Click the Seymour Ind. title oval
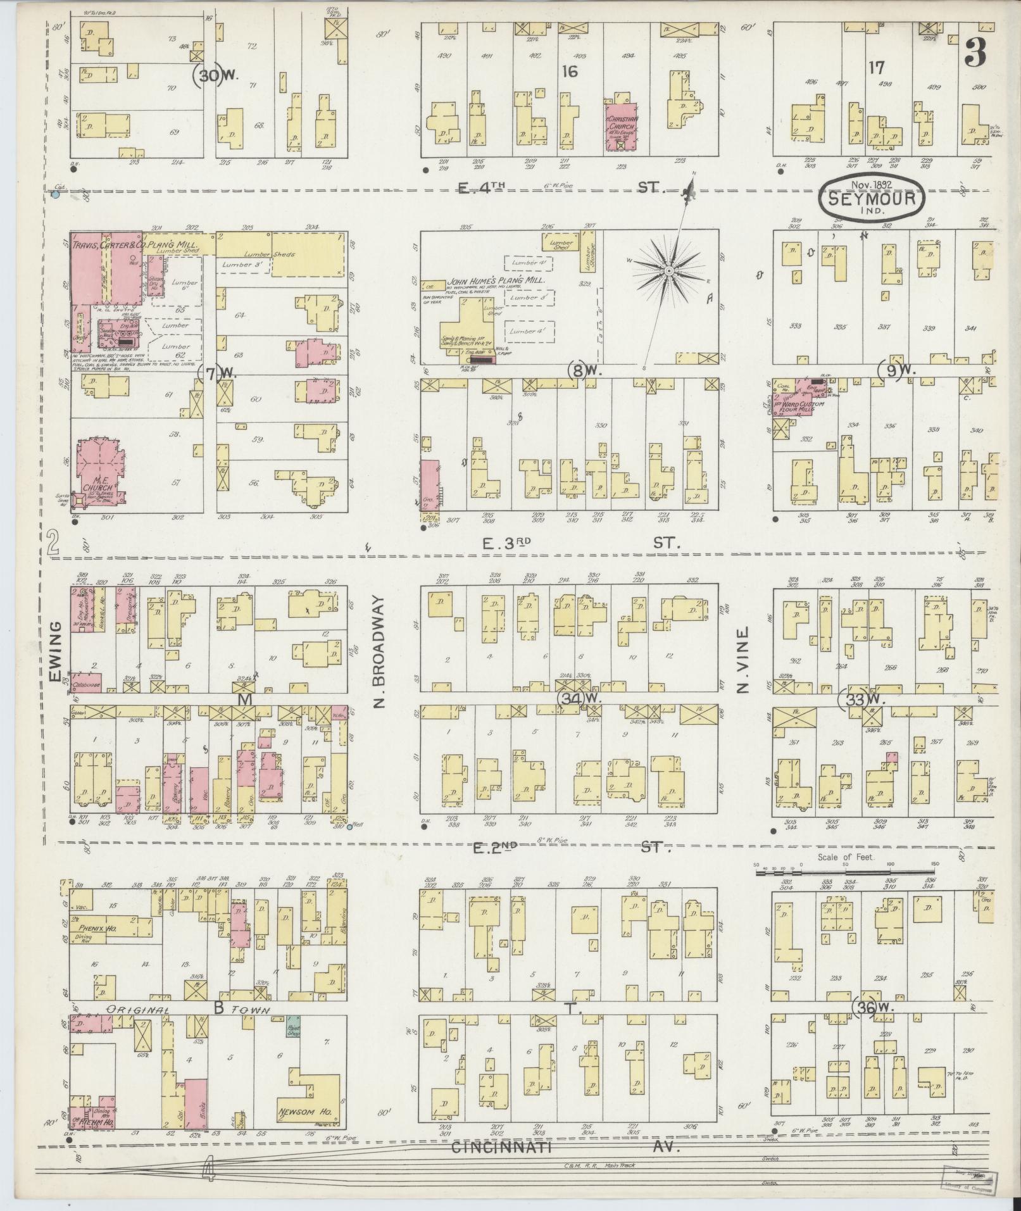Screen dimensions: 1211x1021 coord(873,198)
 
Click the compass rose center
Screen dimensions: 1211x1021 coord(668,271)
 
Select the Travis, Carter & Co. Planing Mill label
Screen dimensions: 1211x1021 coord(135,242)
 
